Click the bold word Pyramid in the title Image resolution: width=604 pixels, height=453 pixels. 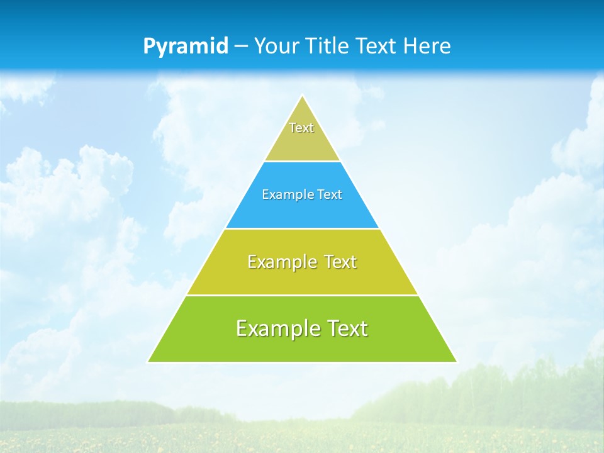185,47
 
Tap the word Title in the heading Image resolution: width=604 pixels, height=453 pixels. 328,46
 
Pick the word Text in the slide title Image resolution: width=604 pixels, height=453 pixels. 376,46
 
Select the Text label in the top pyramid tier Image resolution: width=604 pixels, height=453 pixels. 301,128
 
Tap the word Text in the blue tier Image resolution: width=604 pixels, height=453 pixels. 330,195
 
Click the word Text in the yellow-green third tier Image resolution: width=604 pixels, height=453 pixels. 340,262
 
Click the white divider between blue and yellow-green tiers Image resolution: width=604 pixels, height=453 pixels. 302,229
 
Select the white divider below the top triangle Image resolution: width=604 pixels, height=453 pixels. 302,162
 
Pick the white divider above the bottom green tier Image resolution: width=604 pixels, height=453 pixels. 302,295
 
